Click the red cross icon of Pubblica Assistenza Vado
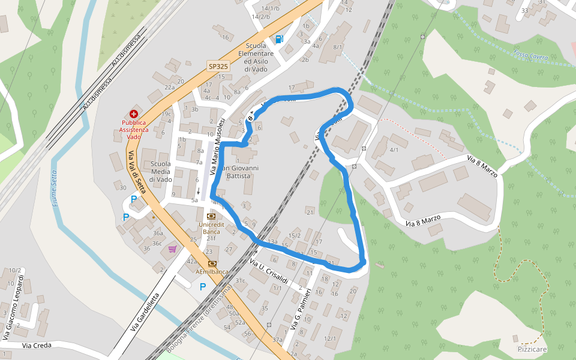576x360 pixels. tap(133, 113)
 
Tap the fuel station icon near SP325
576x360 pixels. tap(279, 40)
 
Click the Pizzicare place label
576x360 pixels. tap(532, 349)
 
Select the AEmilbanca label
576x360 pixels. tap(212, 271)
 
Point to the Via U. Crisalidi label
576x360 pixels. tap(269, 273)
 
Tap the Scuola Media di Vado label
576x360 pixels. tap(161, 172)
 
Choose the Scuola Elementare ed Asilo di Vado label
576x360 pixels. tap(259, 58)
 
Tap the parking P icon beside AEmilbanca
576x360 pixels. tap(203, 287)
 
